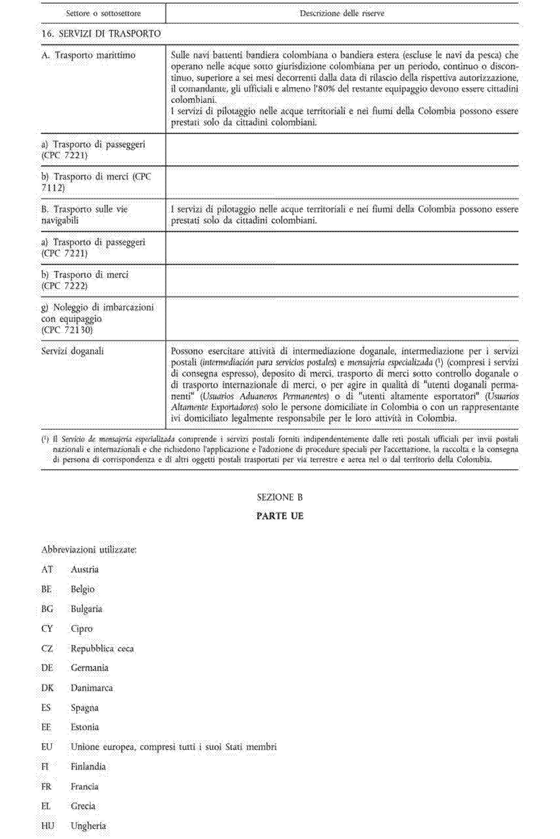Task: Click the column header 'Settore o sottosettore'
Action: click(x=103, y=14)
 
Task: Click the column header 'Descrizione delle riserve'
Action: click(x=342, y=14)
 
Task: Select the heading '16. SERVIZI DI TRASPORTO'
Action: click(x=101, y=34)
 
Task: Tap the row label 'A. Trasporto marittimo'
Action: click(x=88, y=55)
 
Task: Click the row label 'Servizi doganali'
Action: click(x=72, y=351)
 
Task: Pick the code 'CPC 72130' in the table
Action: click(x=67, y=330)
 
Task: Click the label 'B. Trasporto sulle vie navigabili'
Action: click(x=85, y=215)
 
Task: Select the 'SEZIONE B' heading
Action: click(x=280, y=497)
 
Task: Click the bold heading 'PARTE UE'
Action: click(x=280, y=516)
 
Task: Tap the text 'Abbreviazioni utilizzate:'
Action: click(x=89, y=550)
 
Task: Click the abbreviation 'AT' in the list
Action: click(x=47, y=570)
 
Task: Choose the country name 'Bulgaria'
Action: click(x=87, y=609)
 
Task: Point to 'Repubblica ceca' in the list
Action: click(x=102, y=649)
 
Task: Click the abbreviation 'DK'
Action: click(x=47, y=688)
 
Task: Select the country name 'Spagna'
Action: click(x=85, y=708)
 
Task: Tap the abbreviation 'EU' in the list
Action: click(x=47, y=747)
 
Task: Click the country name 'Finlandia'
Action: click(x=88, y=767)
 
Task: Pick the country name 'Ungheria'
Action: click(x=88, y=826)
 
